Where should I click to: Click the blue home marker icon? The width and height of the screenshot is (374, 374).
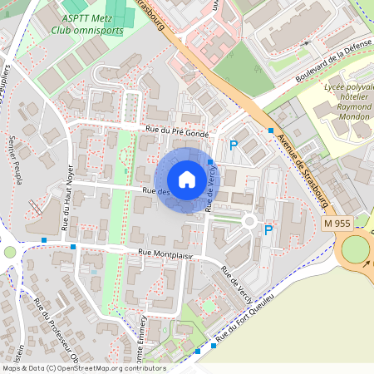point(187,180)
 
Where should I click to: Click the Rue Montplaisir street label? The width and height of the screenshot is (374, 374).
point(165,254)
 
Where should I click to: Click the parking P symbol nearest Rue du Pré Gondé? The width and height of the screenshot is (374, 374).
point(234,145)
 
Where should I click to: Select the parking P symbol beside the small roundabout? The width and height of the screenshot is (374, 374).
point(268,230)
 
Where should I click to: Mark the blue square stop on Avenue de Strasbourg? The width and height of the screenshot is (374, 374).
point(271,130)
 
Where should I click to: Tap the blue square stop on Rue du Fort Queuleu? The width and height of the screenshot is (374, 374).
point(198,352)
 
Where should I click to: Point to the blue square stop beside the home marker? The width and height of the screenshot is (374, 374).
point(211,162)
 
